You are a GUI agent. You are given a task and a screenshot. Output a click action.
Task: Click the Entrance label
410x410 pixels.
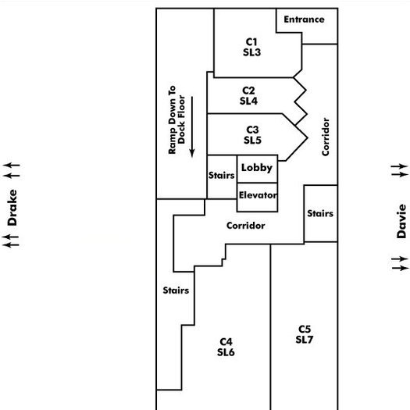304,20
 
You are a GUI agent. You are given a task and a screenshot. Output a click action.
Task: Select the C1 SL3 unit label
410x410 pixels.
251,47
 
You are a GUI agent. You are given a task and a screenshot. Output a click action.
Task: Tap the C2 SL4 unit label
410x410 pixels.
248,96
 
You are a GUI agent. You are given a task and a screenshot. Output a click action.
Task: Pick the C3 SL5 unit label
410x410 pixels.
252,135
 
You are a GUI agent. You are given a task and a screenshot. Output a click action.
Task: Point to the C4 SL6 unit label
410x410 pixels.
226,347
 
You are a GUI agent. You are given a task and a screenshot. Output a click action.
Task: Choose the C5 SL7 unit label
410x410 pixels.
305,334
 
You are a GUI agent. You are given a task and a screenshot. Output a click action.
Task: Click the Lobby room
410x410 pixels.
257,169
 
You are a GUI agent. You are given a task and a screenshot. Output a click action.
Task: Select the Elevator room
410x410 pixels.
257,197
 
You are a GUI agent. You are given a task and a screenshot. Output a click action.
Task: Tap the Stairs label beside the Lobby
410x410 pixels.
222,175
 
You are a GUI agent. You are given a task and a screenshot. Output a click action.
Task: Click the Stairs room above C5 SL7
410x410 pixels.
321,214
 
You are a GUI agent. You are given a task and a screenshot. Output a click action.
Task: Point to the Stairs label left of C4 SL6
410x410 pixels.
176,291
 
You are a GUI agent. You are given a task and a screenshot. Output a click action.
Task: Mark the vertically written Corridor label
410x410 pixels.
326,137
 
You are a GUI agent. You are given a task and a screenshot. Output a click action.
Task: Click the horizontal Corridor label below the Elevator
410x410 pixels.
246,226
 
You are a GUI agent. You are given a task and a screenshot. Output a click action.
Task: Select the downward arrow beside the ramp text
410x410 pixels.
192,127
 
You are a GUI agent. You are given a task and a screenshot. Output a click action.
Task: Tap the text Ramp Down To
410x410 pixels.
172,119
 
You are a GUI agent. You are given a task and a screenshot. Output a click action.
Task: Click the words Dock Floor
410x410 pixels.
181,119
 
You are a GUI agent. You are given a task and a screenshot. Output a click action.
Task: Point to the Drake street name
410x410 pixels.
12,208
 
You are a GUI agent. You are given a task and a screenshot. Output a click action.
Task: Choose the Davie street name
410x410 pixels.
401,221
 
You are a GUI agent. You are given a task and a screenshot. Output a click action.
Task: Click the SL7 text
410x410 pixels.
305,340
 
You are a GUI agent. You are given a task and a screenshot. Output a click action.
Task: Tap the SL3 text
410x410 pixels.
251,52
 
